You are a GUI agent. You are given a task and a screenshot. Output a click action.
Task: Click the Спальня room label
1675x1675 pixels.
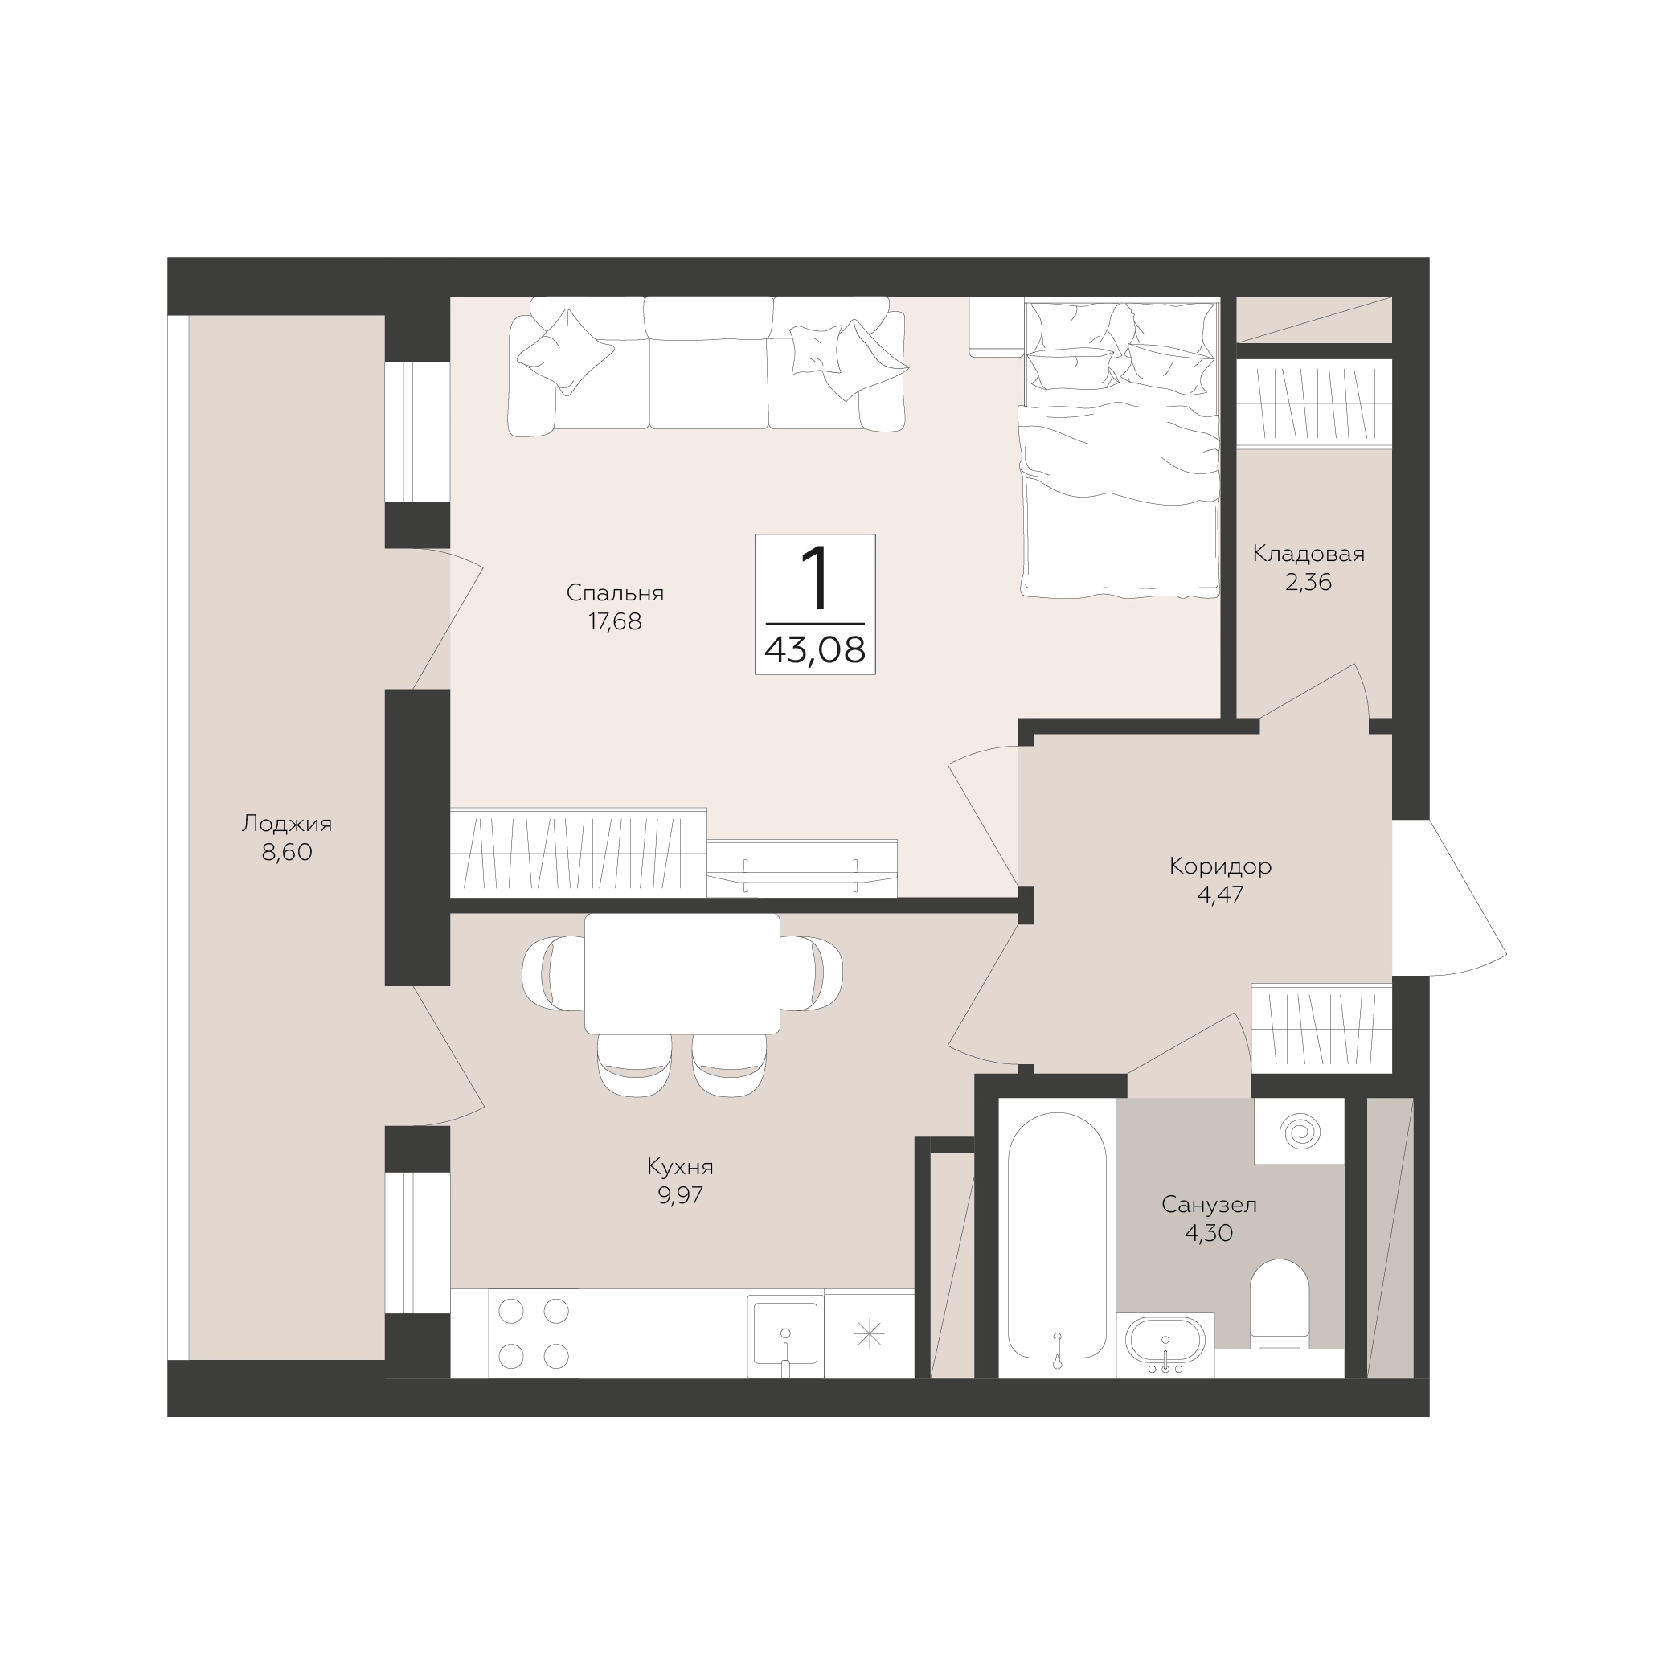615,593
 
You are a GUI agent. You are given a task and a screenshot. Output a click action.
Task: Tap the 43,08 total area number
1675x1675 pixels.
815,649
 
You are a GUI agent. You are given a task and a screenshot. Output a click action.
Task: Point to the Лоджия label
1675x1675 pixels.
287,824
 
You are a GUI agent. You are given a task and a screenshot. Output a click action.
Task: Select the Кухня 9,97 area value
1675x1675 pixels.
681,1195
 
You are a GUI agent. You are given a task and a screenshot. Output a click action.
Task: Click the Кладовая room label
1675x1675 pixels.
1308,554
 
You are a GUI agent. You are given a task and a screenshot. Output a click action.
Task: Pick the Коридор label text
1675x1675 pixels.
1220,866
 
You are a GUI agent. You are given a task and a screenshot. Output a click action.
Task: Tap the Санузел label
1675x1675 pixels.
1209,1204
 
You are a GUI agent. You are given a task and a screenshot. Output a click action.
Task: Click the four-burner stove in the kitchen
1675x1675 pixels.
533,1333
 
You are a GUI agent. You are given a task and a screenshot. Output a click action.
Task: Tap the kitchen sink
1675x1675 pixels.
785,1336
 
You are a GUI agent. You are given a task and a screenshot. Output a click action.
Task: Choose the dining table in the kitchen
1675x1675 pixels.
682,973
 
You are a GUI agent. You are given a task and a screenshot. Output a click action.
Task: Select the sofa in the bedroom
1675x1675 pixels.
707,365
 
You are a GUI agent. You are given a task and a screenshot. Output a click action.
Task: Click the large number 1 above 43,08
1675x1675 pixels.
815,578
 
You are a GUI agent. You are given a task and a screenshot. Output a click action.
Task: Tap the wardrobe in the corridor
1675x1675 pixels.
1321,1028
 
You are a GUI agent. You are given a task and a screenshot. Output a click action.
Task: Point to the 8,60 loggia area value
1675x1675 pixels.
287,852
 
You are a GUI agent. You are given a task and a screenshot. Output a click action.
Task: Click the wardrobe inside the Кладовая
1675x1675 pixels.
1313,403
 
